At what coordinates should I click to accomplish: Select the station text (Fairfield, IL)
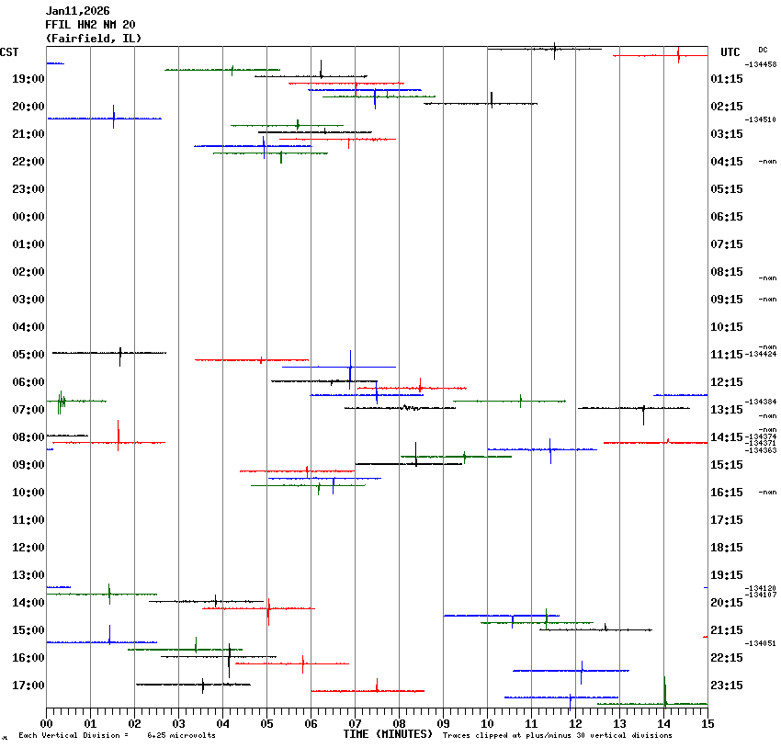93,39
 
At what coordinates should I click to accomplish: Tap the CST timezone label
9,52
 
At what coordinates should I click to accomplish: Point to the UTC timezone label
730,52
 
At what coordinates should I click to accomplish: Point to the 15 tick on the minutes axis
707,723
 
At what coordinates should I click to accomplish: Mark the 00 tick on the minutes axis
46,723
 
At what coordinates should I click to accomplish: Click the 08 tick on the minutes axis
399,723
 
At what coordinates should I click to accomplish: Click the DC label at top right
763,50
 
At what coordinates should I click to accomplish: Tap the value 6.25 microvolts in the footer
181,735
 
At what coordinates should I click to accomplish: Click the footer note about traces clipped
557,735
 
